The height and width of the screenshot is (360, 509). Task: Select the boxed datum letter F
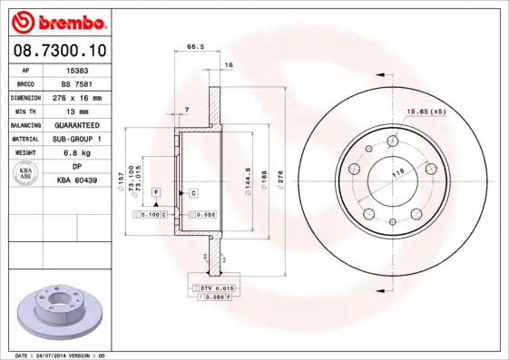[156, 193]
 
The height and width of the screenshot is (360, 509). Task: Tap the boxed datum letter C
[192, 193]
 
